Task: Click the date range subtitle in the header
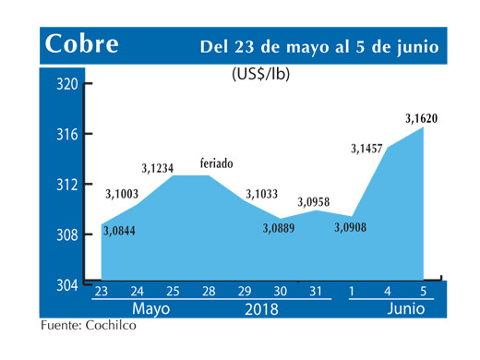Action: [319, 46]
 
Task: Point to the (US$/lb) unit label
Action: [260, 75]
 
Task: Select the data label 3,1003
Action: [126, 193]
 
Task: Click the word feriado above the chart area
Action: [217, 163]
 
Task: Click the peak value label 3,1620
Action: [420, 117]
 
